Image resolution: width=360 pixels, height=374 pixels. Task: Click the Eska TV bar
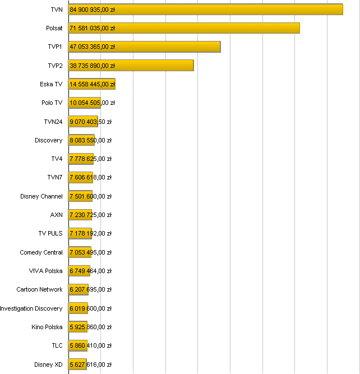[x=92, y=84]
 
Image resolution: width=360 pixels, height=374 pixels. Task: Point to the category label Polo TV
[x=52, y=103]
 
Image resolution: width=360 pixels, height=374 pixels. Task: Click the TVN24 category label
[x=53, y=122]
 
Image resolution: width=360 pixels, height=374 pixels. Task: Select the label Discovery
[x=48, y=140]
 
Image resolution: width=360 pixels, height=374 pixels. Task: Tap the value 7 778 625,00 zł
[x=90, y=159]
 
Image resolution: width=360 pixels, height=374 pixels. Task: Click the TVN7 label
[x=54, y=178]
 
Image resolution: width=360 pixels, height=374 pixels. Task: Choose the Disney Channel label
[x=41, y=196]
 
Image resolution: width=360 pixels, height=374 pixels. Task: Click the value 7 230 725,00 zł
[x=90, y=215]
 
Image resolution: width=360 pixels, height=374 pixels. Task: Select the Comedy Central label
[x=41, y=252]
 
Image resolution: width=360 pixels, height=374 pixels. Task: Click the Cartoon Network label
[x=39, y=290]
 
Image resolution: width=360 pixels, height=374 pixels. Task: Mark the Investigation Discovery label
[x=31, y=308]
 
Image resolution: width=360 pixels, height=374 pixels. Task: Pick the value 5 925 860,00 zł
[x=90, y=327]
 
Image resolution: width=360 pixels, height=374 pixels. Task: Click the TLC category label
[x=57, y=346]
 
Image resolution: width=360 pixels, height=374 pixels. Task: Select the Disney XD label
[x=48, y=364]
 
